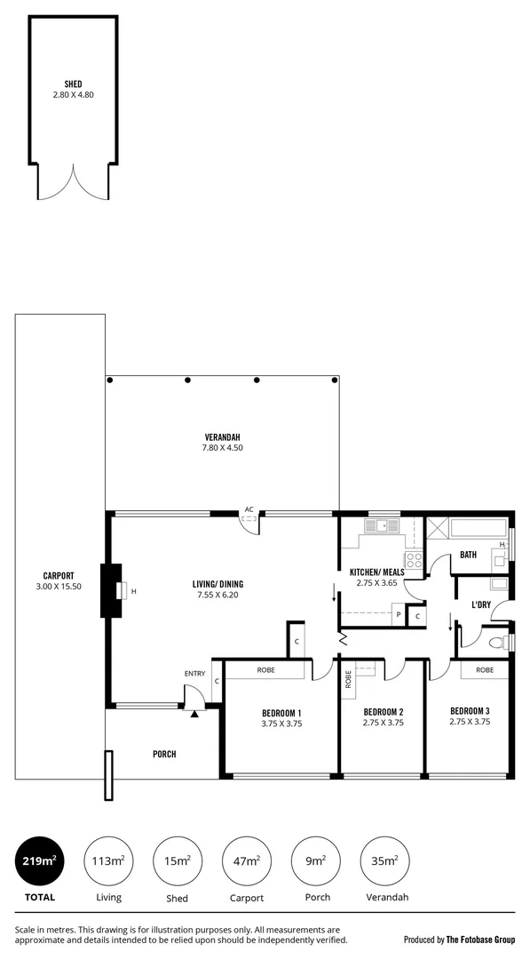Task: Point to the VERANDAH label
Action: (x=223, y=436)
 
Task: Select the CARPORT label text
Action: (x=58, y=575)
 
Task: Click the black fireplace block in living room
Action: (x=113, y=591)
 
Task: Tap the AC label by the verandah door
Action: (x=249, y=509)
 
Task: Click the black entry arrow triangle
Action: (x=194, y=714)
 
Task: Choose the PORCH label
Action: (x=164, y=754)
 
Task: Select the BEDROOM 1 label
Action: (x=281, y=712)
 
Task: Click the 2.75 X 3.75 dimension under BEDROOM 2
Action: (x=384, y=724)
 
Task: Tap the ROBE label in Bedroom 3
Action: (x=484, y=670)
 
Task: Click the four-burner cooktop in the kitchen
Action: (x=413, y=561)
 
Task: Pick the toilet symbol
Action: (x=502, y=641)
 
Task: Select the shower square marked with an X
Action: (x=438, y=531)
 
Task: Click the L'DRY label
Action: (x=481, y=604)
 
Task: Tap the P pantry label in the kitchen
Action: (x=398, y=615)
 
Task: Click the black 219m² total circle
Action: (x=38, y=861)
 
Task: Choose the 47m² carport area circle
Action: (x=246, y=861)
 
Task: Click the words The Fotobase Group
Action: (x=479, y=939)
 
